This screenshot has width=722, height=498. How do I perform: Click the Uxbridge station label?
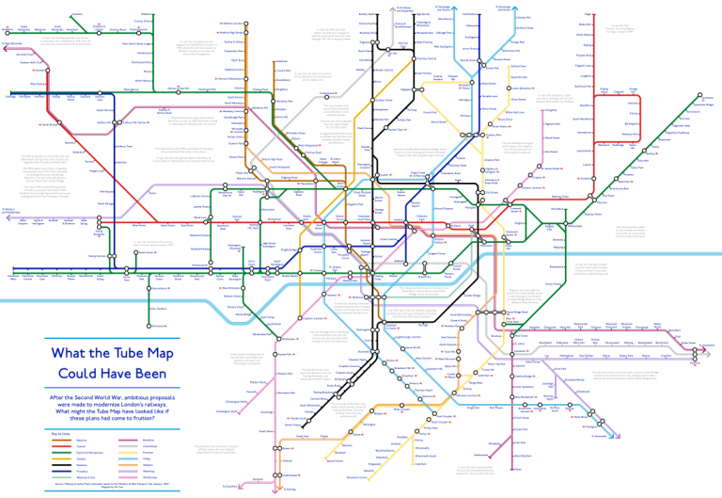[11, 96]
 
